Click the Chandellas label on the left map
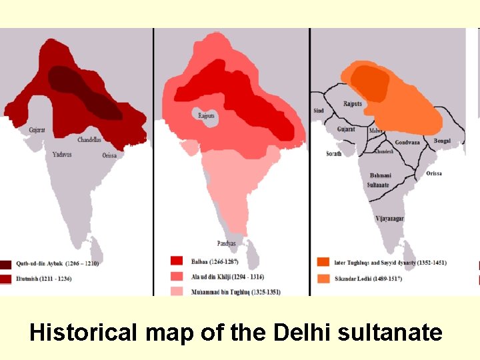(89, 140)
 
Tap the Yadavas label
(62, 154)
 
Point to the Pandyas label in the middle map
(226, 243)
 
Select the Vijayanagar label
(389, 218)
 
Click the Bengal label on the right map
(441, 141)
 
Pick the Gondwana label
(407, 142)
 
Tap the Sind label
(318, 111)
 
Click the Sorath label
(333, 153)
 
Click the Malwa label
(377, 131)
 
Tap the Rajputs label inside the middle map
(207, 115)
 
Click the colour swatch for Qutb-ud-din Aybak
(8, 264)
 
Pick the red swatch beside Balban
(177, 261)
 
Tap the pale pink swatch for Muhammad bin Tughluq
(177, 291)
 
